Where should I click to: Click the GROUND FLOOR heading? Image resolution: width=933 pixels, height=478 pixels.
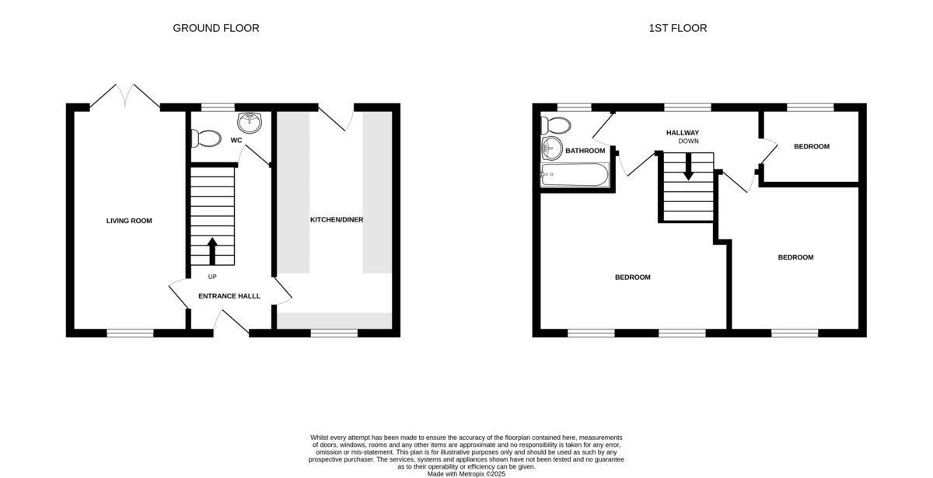tap(216, 28)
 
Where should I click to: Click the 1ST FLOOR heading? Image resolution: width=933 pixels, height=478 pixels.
tap(678, 28)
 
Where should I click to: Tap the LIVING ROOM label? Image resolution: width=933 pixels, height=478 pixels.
tap(129, 221)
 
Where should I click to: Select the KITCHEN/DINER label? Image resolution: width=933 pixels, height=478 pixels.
tap(337, 219)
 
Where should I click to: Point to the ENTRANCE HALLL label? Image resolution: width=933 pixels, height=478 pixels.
tap(229, 296)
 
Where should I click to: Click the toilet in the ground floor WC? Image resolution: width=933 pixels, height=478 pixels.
tap(206, 138)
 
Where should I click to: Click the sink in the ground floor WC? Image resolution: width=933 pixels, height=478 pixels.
tap(250, 123)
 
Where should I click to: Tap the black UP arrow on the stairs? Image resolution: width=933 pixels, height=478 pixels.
tap(212, 251)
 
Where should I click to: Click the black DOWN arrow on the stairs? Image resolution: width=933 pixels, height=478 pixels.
tap(688, 166)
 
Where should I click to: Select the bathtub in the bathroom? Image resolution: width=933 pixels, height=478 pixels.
tap(575, 174)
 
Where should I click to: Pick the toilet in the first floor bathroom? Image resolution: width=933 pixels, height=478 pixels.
tap(556, 125)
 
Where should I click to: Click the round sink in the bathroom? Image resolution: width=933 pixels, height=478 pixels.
tap(552, 148)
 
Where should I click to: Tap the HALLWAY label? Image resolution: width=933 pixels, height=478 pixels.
tap(683, 133)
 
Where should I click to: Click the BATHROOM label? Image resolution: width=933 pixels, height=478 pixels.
tap(585, 151)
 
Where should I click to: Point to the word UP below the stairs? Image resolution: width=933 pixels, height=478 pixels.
tap(212, 277)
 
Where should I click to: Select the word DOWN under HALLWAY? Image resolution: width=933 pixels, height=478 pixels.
tap(689, 141)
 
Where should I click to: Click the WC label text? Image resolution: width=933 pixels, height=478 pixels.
tap(236, 141)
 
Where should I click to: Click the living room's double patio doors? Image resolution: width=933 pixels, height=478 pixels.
tap(125, 96)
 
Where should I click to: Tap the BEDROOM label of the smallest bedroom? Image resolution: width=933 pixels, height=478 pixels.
tap(812, 147)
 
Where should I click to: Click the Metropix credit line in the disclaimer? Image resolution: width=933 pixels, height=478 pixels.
tap(466, 474)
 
